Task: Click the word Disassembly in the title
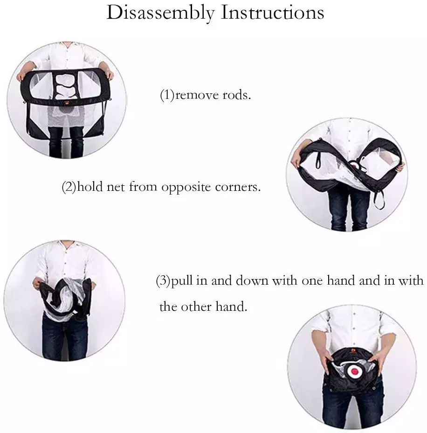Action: pyautogui.click(x=160, y=13)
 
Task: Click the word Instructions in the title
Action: pyautogui.click(x=273, y=13)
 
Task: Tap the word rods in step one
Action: pyautogui.click(x=237, y=95)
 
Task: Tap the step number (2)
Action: pyautogui.click(x=69, y=187)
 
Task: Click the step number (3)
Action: pyautogui.click(x=163, y=280)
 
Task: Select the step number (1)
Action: pyautogui.click(x=167, y=95)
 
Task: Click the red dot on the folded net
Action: pyautogui.click(x=355, y=371)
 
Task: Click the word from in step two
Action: pyautogui.click(x=143, y=187)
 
